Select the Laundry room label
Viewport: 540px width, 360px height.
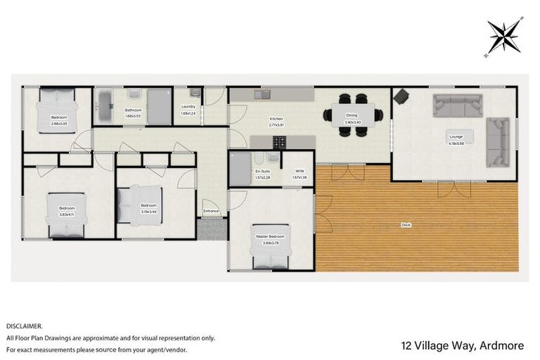coord(188,106)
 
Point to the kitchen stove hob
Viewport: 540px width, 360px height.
coord(279,143)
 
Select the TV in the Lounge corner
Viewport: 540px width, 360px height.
coord(401,96)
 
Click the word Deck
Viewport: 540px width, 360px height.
coord(406,225)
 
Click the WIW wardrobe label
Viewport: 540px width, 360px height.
coord(299,170)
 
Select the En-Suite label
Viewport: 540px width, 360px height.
coord(263,170)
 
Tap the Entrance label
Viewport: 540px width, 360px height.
coord(211,210)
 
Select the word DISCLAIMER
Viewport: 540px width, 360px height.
coord(25,326)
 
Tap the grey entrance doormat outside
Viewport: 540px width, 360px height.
coord(209,229)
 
